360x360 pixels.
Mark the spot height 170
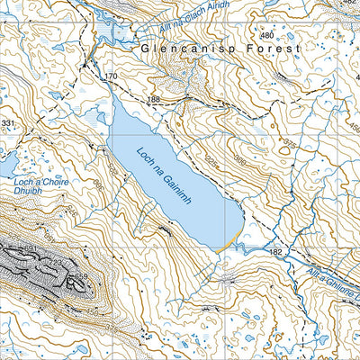[x=111, y=77]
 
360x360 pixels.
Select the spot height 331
[x=8, y=123]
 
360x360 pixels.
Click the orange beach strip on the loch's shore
[x=233, y=243]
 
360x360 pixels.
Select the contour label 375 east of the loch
[x=288, y=144]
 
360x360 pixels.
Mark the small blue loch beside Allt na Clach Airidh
[x=108, y=32]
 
